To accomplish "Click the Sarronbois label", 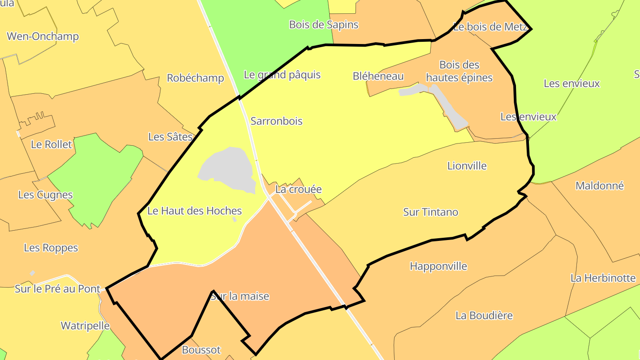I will click(x=276, y=121).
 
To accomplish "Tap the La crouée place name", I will click(x=298, y=189).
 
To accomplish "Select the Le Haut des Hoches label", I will click(x=194, y=211).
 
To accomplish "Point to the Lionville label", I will click(x=467, y=166).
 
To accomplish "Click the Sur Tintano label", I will click(x=430, y=212).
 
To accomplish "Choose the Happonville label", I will click(x=438, y=266).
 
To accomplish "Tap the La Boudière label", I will click(x=484, y=316).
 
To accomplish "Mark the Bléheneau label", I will click(x=378, y=76).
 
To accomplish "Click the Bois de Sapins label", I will click(x=324, y=24).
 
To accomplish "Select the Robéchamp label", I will click(x=195, y=78).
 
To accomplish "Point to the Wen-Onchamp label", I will click(x=43, y=36).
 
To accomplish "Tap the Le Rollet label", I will click(x=51, y=144).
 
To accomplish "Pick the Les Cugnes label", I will click(x=45, y=195).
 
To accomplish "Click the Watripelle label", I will click(x=85, y=326).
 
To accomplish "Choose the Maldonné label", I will click(x=600, y=186).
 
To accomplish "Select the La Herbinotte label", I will click(x=603, y=278).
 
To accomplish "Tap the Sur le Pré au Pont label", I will click(x=58, y=289).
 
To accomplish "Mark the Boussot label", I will click(x=201, y=350).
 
